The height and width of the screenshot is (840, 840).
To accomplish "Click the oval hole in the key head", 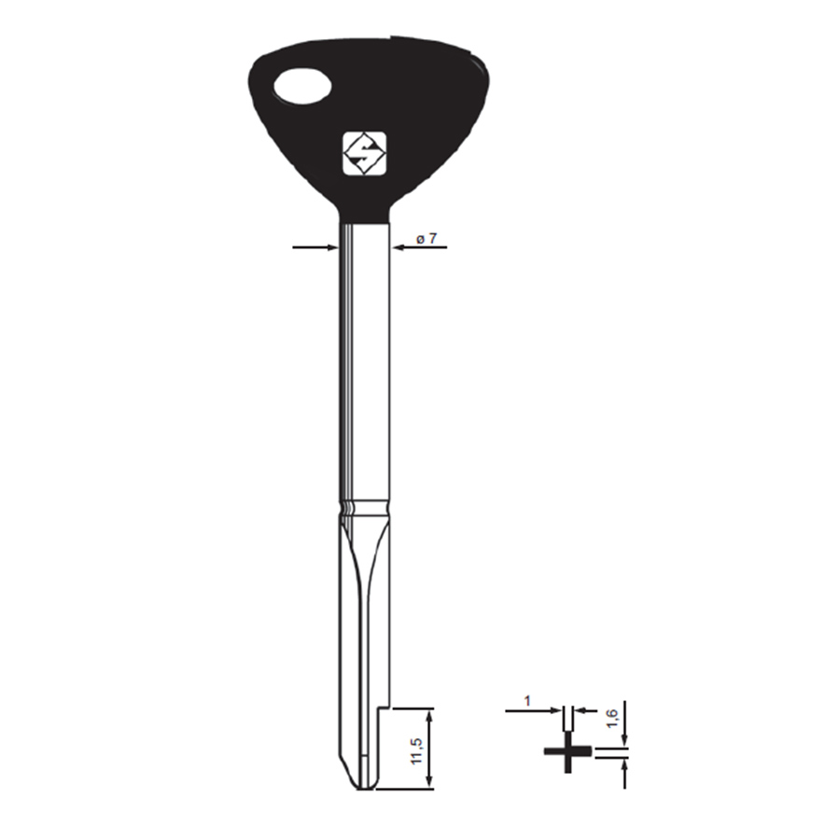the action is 302,85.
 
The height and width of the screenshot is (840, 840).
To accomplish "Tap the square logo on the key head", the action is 364,153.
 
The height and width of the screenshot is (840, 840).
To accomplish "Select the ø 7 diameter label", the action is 427,238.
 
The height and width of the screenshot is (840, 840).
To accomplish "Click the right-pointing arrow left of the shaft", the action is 315,247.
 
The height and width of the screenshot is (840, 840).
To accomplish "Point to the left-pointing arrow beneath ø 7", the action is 419,247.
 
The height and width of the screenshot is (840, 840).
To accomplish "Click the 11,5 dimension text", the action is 417,750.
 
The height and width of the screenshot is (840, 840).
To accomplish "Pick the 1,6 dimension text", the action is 612,719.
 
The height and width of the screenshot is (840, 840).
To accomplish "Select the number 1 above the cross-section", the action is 527,701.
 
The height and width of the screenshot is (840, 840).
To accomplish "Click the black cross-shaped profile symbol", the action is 567,752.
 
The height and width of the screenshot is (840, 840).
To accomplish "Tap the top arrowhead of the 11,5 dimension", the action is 428,714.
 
